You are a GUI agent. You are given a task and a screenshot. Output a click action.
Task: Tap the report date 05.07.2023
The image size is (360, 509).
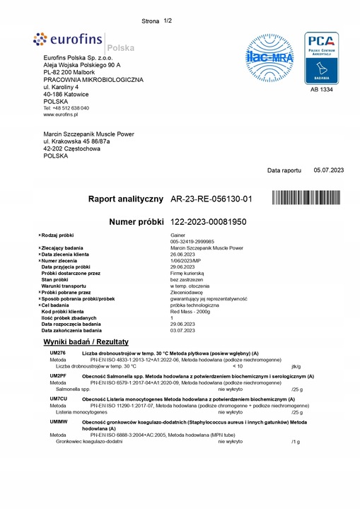328,170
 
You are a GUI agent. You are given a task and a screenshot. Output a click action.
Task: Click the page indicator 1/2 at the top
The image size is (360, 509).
168,21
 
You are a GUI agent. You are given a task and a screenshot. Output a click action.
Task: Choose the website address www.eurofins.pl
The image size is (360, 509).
59,114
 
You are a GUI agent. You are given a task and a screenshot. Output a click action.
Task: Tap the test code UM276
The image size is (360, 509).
57,353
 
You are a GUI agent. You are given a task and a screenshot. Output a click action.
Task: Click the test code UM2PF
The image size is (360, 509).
57,375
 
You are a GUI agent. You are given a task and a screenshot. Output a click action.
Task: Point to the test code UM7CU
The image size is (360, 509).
57,398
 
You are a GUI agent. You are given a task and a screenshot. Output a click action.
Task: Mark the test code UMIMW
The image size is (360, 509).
57,421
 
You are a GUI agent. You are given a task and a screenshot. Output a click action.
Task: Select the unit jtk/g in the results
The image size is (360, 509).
296,366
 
